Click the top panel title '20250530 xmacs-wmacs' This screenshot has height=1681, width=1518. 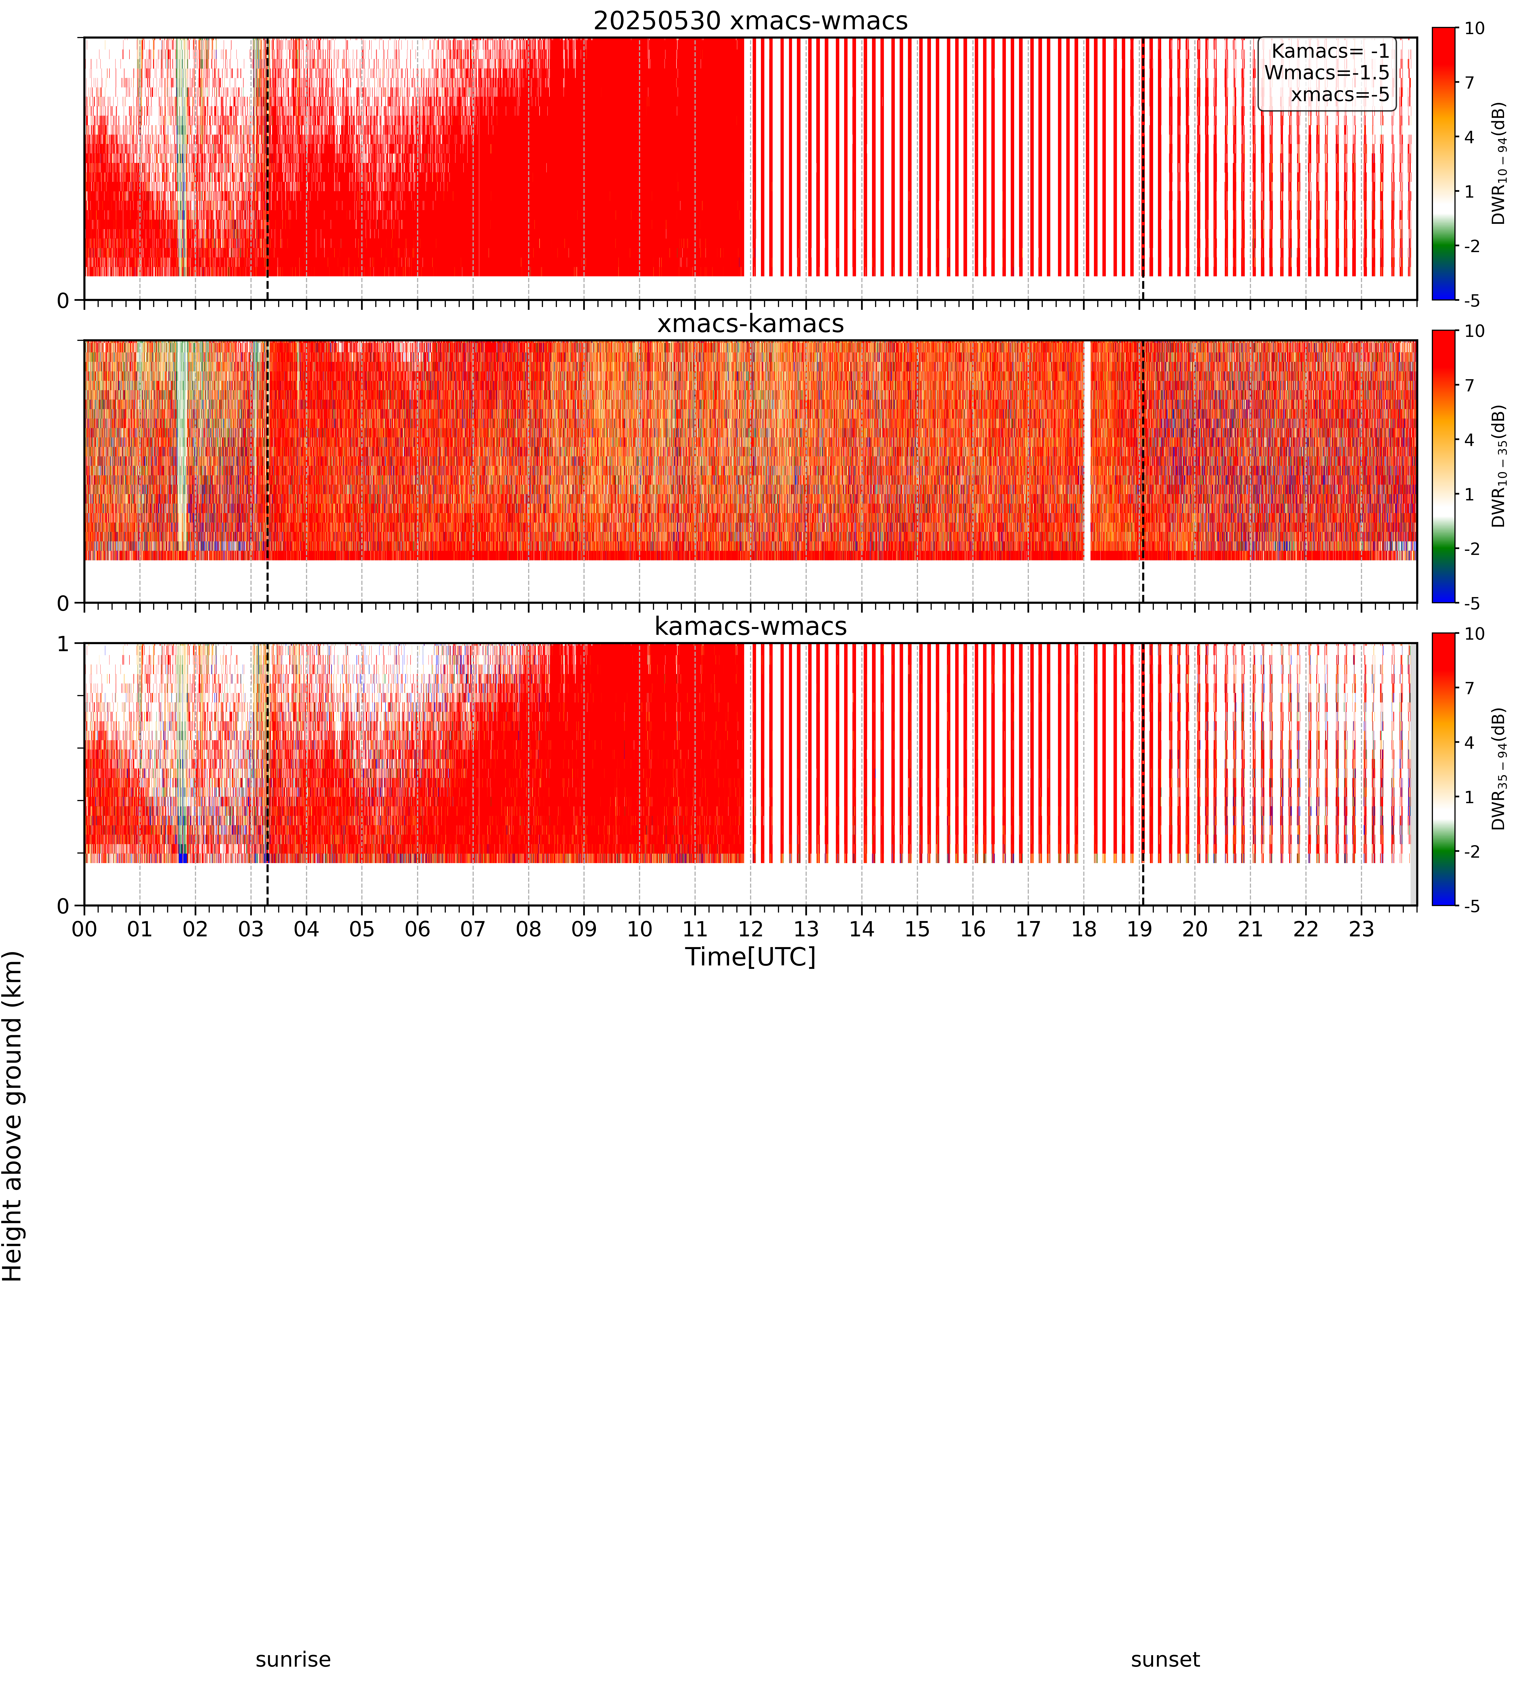[751, 21]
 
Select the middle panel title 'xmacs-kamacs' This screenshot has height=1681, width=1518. [751, 324]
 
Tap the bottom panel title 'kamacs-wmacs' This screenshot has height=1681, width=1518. [751, 626]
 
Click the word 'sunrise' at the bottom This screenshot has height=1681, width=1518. [293, 1659]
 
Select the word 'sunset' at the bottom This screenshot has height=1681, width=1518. [1165, 1659]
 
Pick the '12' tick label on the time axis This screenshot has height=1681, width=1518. [751, 929]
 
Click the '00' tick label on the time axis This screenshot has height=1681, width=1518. [84, 929]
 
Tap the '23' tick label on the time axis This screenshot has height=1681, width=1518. [1361, 929]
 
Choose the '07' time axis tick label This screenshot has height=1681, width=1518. [473, 929]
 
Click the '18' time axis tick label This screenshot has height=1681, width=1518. [1083, 929]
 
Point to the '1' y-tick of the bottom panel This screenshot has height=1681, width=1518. [63, 645]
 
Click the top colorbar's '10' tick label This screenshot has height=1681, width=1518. [1475, 28]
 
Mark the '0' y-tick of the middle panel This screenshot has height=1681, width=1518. [63, 603]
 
